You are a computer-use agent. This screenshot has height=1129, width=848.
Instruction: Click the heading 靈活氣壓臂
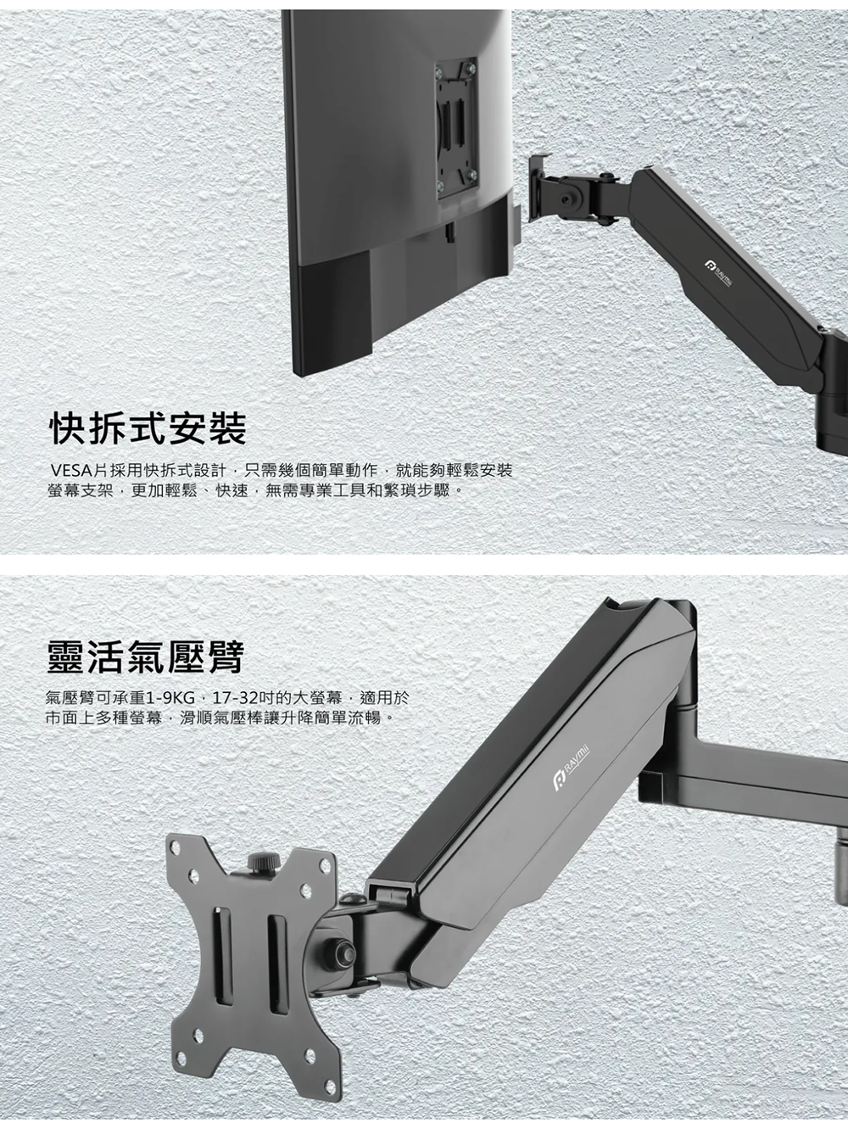tap(144, 657)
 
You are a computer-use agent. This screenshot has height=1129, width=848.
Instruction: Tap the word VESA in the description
tap(70, 471)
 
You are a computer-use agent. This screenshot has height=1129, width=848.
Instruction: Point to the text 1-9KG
tap(170, 699)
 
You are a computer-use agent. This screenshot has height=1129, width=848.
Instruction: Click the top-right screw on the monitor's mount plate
tap(471, 68)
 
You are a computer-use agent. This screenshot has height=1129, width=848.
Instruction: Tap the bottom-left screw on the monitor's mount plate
tap(440, 185)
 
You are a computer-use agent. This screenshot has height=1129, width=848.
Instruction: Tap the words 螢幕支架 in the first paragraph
tap(79, 490)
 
